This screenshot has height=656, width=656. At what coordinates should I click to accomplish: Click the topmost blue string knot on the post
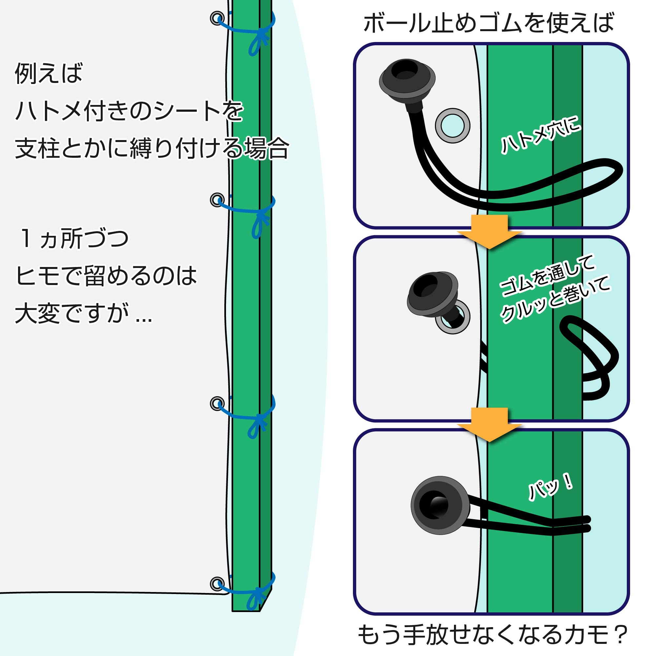click(x=262, y=34)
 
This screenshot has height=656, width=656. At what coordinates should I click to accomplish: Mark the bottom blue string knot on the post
click(x=260, y=592)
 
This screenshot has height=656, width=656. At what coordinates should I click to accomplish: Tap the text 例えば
click(x=49, y=73)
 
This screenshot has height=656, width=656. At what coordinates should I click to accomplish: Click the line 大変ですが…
click(x=83, y=313)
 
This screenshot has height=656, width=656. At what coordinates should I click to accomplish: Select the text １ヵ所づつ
click(x=74, y=239)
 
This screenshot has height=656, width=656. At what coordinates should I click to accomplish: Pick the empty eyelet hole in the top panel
click(x=452, y=126)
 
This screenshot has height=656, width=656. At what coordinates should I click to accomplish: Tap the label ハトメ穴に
click(x=541, y=134)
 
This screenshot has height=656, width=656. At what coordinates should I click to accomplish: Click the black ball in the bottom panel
click(x=440, y=505)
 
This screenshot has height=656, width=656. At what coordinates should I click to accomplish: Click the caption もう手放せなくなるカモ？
click(x=492, y=634)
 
